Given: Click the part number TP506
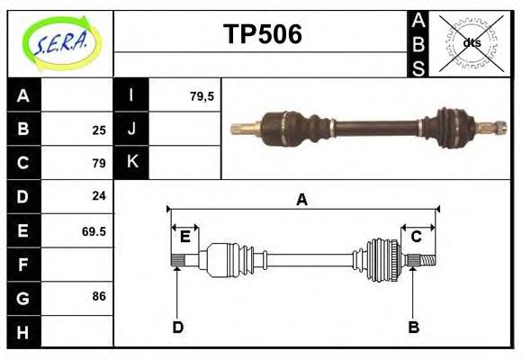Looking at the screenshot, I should coord(262,34).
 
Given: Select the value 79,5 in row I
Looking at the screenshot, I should coord(202,95).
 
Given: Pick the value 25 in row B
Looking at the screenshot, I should coord(99,130).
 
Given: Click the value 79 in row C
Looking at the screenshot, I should coord(99,164).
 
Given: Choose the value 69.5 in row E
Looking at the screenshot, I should coord(94,231).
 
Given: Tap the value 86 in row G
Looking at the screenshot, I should coord(99,296).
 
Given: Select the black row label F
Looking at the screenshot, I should coord(23,265).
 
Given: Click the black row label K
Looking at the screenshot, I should coord(131,163).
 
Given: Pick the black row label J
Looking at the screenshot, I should coord(131,129).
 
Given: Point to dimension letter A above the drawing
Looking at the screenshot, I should coord(302,200).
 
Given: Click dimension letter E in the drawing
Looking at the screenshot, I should coord(184,237).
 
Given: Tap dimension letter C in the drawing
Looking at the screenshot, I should coord(417,237).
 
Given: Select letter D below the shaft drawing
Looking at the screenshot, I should coord(177,327).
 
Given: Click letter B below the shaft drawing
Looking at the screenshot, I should coord(413,327).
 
